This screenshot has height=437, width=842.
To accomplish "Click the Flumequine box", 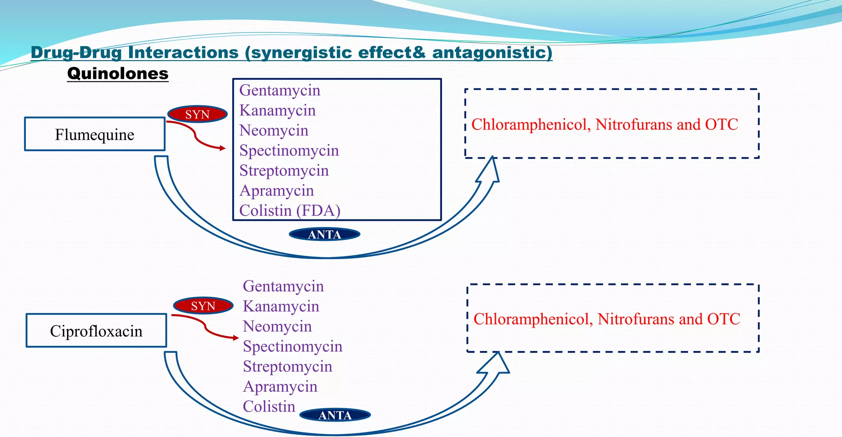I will pyautogui.click(x=95, y=134).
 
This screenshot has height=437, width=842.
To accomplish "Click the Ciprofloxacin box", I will pyautogui.click(x=96, y=331).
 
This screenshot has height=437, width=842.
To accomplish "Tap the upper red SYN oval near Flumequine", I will pyautogui.click(x=197, y=114).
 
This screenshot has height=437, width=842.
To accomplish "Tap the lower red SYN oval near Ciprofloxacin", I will pyautogui.click(x=203, y=306).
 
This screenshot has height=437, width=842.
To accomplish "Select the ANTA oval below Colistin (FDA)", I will pyautogui.click(x=324, y=234).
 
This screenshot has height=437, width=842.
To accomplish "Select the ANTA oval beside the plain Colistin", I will pyautogui.click(x=335, y=415).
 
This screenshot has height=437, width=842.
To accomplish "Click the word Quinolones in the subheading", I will pyautogui.click(x=118, y=74).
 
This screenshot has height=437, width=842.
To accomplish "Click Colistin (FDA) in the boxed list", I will pyautogui.click(x=290, y=210).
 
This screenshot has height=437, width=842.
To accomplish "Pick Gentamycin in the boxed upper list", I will pyautogui.click(x=280, y=90).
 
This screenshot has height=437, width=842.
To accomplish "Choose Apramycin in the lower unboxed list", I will pyautogui.click(x=280, y=386).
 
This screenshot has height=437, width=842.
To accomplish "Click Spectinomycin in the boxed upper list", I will pyautogui.click(x=289, y=150).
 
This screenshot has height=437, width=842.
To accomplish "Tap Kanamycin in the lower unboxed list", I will pyautogui.click(x=281, y=306).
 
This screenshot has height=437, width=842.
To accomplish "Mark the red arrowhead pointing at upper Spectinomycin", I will pyautogui.click(x=223, y=148).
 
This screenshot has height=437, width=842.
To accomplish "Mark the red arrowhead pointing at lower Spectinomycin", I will pyautogui.click(x=236, y=338).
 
